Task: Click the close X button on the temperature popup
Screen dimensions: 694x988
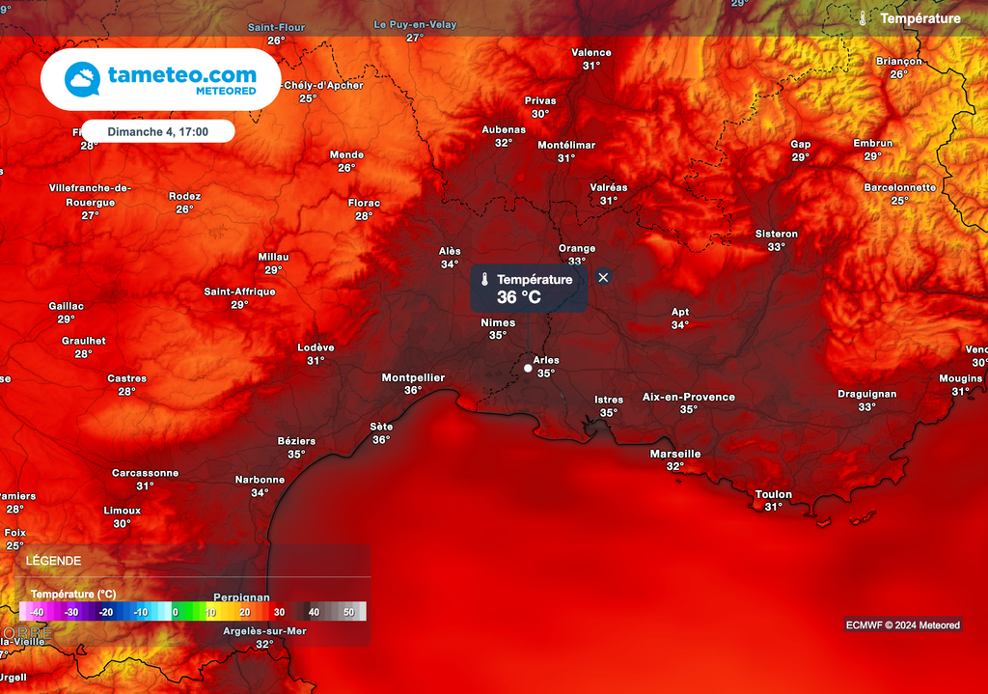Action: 603,277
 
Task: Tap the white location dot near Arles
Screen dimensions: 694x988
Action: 528,368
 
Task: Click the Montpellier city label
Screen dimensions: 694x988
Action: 413,377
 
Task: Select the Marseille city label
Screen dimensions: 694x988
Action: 675,454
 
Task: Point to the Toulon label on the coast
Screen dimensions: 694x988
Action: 774,494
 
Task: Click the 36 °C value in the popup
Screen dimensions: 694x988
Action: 519,297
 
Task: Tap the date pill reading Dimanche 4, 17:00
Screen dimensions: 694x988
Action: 157,130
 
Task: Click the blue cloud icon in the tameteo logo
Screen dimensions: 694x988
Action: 83,79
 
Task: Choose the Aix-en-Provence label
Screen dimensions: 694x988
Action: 689,397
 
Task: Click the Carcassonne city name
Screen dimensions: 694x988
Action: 145,473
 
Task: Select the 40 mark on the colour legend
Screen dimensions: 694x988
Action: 314,612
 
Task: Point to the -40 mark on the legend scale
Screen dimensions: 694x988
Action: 37,612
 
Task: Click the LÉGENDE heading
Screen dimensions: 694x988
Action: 54,560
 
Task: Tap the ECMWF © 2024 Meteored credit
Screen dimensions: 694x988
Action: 902,625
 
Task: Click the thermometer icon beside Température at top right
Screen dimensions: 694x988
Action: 863,18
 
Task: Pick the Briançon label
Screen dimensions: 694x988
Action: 898,61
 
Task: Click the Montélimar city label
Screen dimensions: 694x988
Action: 566,145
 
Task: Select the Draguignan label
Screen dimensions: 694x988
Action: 866,394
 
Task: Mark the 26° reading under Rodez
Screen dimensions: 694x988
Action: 184,208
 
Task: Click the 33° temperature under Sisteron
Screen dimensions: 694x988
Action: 776,246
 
